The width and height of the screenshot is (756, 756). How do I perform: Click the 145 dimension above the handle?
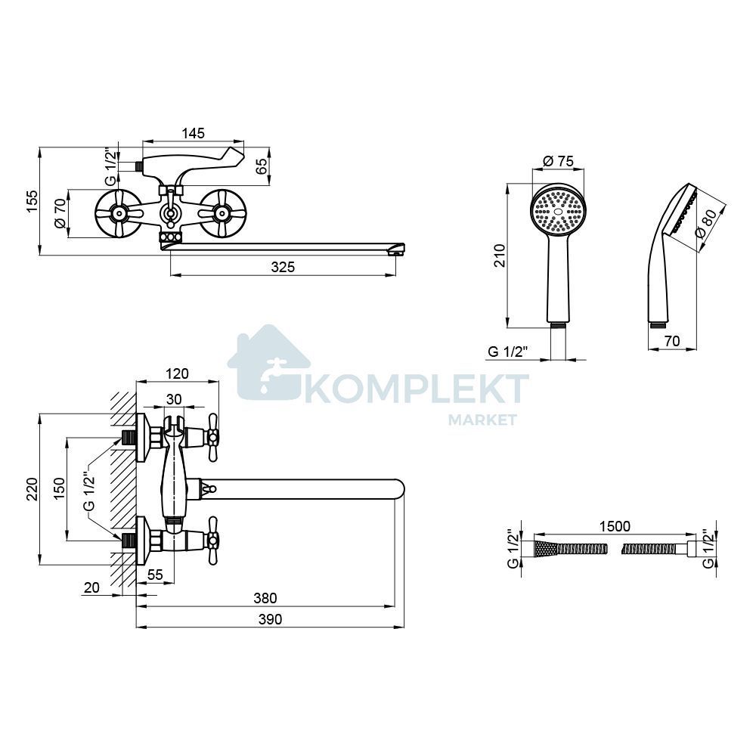pos(194,132)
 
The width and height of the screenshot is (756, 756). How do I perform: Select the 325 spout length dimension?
pos(283,267)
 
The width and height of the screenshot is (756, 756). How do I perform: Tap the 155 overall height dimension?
pos(31,202)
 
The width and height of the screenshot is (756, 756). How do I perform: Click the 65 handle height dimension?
pos(261,166)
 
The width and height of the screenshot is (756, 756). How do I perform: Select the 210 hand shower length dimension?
pos(500,256)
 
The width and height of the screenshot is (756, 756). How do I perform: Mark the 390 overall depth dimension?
pos(270,620)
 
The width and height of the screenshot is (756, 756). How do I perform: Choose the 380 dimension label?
pos(265,598)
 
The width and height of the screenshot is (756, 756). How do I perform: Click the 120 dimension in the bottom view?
pos(177,373)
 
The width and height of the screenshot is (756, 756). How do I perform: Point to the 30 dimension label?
pos(174,399)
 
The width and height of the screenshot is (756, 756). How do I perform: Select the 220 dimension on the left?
pos(32,489)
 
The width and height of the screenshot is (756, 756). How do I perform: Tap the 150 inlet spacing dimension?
pos(59,489)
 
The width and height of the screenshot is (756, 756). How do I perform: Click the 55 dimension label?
pos(155,575)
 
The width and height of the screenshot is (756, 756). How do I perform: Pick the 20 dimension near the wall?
pos(91,587)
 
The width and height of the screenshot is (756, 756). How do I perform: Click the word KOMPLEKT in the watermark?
pos(417,389)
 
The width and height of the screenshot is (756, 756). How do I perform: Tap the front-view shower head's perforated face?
pos(558,211)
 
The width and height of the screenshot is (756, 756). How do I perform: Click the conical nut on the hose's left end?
pos(546,550)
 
